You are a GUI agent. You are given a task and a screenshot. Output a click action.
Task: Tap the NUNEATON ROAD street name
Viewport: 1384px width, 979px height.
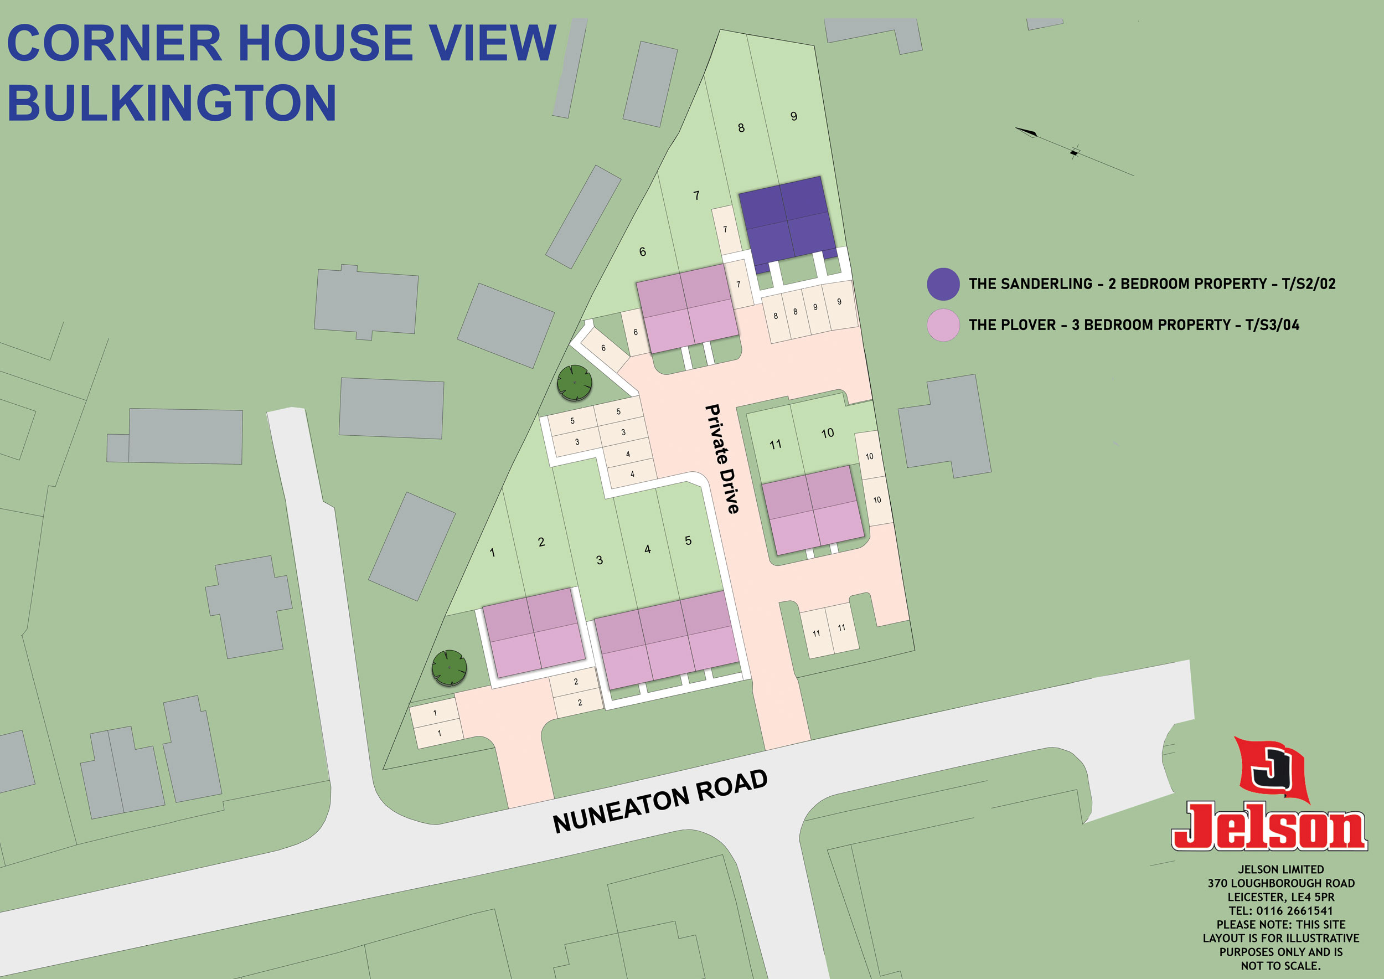pyautogui.click(x=660, y=802)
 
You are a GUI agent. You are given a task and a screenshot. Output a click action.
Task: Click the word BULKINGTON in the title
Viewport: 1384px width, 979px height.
pyautogui.click(x=172, y=103)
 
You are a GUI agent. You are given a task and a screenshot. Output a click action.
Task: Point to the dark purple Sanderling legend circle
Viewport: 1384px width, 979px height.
pyautogui.click(x=943, y=284)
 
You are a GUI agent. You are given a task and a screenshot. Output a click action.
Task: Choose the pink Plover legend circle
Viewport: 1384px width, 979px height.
pyautogui.click(x=943, y=325)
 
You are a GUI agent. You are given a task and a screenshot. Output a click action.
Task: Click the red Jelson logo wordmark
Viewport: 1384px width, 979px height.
pyautogui.click(x=1268, y=827)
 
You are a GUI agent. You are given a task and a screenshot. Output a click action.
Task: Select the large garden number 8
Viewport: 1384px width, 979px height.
pyautogui.click(x=741, y=128)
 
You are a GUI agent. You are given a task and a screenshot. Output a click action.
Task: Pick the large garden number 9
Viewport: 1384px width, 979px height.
pyautogui.click(x=793, y=116)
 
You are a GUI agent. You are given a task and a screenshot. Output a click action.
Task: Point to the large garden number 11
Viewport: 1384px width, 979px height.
pyautogui.click(x=775, y=444)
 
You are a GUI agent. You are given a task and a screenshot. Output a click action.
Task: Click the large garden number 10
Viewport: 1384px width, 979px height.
pyautogui.click(x=827, y=433)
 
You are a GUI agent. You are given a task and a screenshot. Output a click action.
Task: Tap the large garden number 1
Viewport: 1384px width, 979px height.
pyautogui.click(x=492, y=552)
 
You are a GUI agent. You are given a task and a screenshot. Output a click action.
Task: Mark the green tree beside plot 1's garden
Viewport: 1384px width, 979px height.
pyautogui.click(x=449, y=668)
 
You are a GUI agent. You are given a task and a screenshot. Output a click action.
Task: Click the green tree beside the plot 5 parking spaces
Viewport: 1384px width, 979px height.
pyautogui.click(x=575, y=383)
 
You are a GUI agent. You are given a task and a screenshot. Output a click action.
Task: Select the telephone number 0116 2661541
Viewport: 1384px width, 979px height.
pyautogui.click(x=1294, y=910)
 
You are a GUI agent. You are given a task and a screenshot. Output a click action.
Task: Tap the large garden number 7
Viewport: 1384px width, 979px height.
pyautogui.click(x=696, y=195)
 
